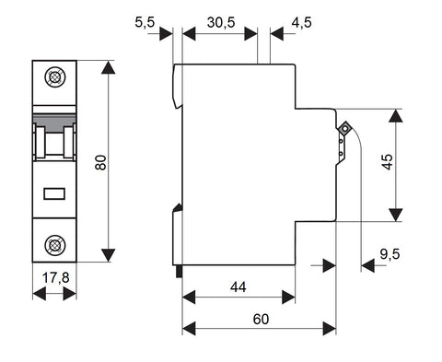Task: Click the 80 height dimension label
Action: coord(100,162)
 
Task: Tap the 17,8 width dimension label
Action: coord(55,278)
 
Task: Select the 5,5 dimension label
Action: coord(145,22)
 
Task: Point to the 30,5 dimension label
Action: coord(221,22)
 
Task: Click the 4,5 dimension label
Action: coord(301,22)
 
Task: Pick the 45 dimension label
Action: coord(388,161)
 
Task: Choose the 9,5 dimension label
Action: coord(390,254)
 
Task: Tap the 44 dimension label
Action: coord(238,287)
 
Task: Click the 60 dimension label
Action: coord(261,320)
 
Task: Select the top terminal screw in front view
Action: coord(55,77)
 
